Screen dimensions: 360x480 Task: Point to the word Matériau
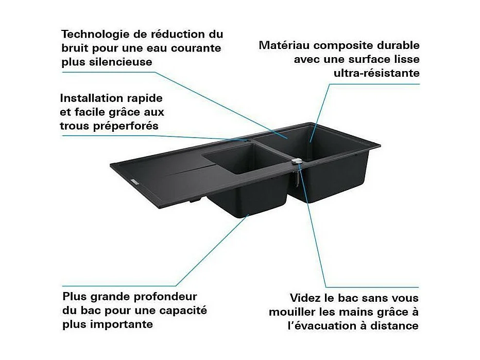(284, 45)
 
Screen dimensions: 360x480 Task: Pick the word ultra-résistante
(376, 73)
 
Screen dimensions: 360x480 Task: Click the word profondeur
(163, 297)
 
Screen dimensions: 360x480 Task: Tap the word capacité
(182, 310)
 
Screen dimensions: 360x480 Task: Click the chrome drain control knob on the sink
(296, 162)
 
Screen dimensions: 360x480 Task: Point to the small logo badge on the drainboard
(132, 181)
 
